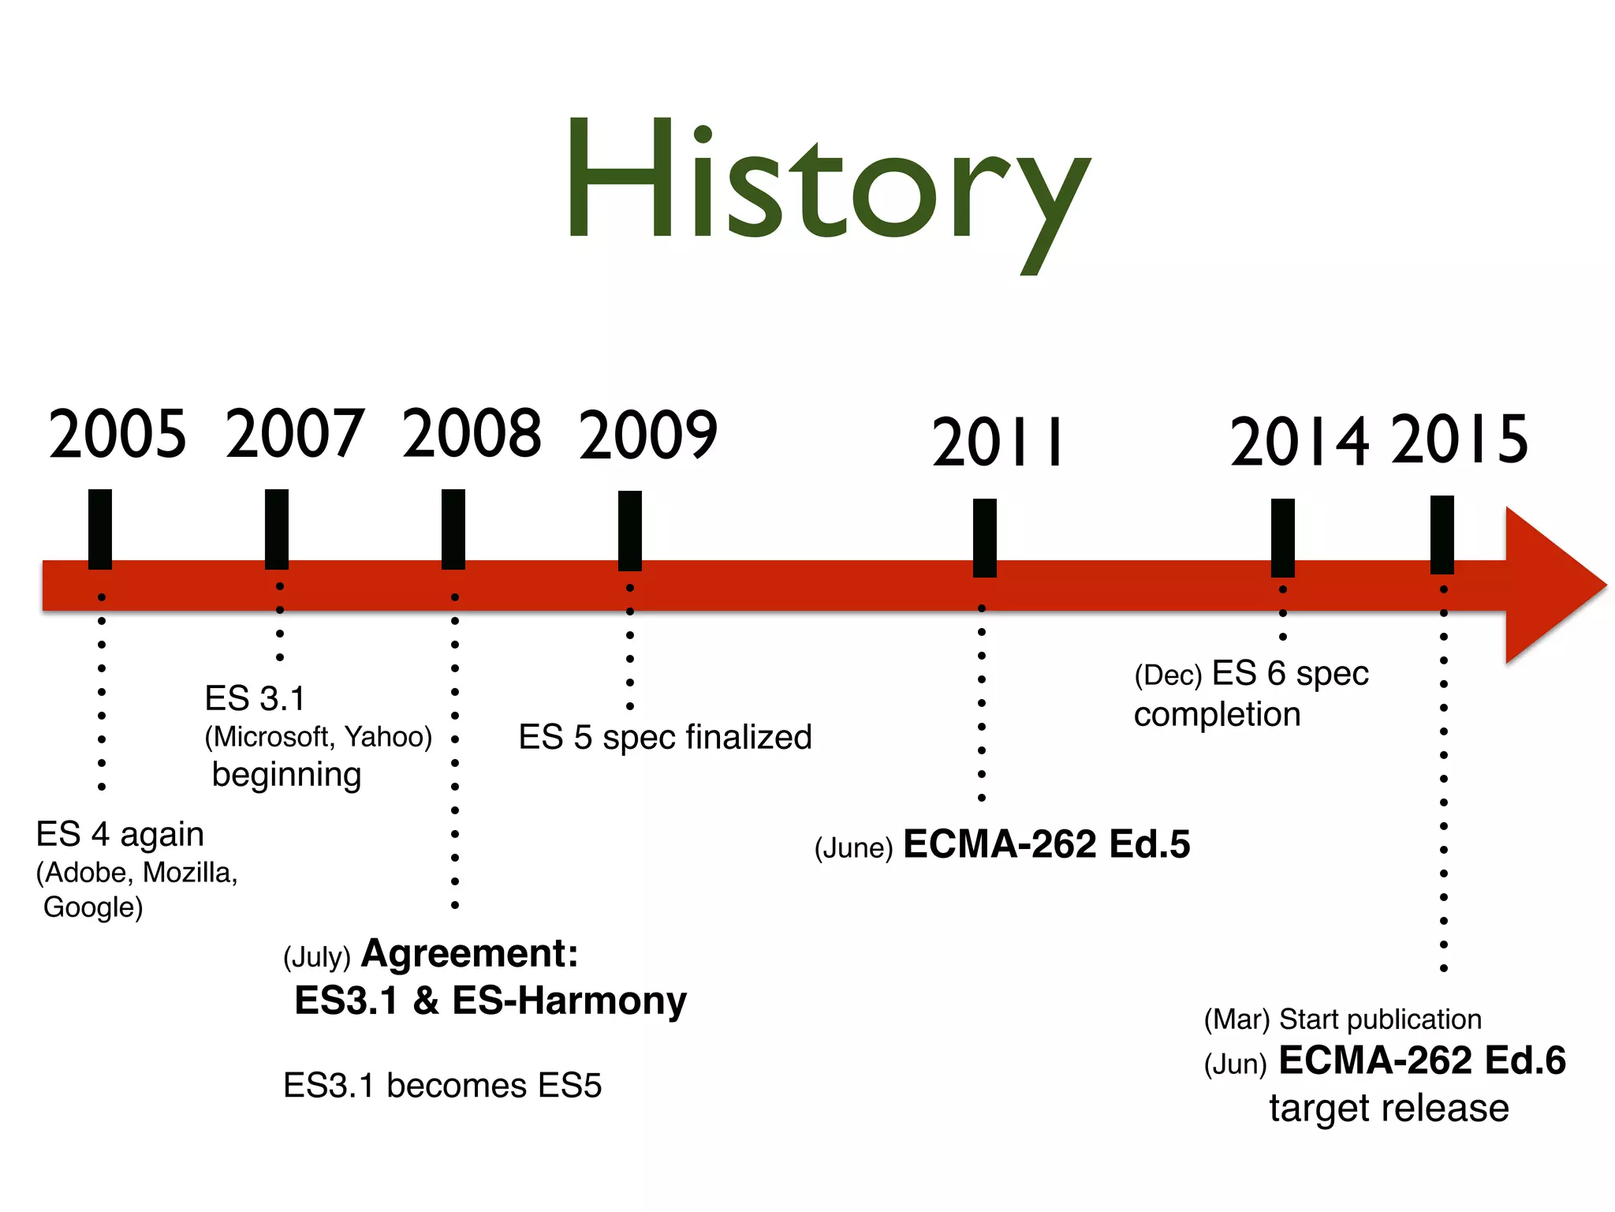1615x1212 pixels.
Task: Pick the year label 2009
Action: click(648, 436)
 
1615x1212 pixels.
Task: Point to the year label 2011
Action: click(998, 443)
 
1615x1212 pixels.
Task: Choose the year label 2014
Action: click(1299, 443)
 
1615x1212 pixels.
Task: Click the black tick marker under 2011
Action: click(984, 537)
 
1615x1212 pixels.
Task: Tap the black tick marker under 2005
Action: click(100, 529)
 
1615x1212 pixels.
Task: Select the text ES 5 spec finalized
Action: click(665, 737)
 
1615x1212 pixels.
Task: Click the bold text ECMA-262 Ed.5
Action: click(1046, 844)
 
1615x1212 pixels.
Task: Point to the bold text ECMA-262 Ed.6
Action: click(1422, 1060)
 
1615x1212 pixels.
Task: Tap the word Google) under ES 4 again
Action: click(93, 907)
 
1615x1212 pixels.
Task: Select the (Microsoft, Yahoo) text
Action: click(319, 737)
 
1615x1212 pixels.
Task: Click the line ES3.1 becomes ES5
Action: click(442, 1086)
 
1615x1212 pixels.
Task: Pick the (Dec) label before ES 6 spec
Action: click(1167, 675)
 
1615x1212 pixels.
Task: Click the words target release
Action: click(1389, 1108)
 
